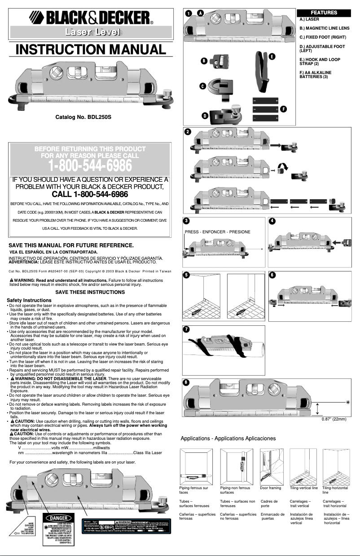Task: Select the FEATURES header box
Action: click(x=324, y=12)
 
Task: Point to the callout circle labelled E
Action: click(x=272, y=56)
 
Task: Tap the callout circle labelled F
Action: click(x=283, y=109)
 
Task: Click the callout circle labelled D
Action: click(x=205, y=116)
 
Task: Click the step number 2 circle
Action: click(x=188, y=131)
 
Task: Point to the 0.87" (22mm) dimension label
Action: click(x=334, y=419)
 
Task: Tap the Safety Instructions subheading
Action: click(x=29, y=300)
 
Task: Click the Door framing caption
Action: click(x=271, y=487)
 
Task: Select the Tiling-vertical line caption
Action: click(x=304, y=487)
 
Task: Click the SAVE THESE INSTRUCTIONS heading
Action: click(x=90, y=292)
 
